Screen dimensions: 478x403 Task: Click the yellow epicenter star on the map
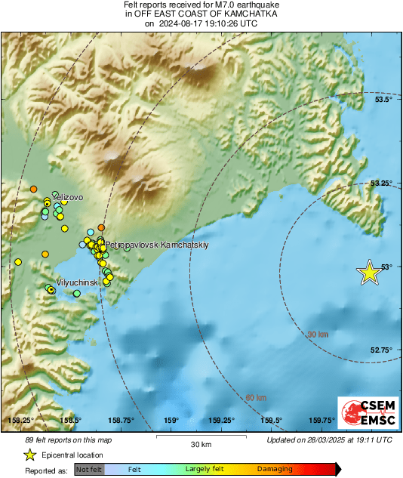[369, 273]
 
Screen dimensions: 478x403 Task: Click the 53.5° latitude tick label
[385, 100]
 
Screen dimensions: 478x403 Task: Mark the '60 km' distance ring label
[256, 398]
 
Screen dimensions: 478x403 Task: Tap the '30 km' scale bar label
[200, 443]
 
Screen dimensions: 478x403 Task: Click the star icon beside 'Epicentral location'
[29, 455]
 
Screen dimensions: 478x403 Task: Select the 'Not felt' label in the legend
[89, 469]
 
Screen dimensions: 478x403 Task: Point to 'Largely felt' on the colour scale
[203, 469]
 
